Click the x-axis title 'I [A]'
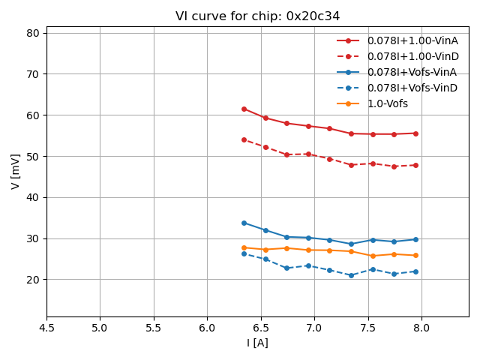click(x=257, y=343)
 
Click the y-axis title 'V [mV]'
click(x=16, y=171)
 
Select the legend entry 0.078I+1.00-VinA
click(x=412, y=40)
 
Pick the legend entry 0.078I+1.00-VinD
click(x=412, y=56)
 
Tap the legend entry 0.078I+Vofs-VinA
click(x=412, y=72)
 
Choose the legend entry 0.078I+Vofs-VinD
click(x=412, y=88)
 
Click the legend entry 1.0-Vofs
click(x=388, y=103)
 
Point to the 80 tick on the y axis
click(x=33, y=33)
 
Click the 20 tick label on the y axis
click(x=33, y=280)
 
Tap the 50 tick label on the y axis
click(x=33, y=156)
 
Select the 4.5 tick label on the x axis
click(x=46, y=328)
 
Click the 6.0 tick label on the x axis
click(x=207, y=328)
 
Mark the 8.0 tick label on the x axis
click(x=421, y=328)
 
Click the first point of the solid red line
click(x=244, y=109)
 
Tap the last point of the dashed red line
click(x=415, y=165)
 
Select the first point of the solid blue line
click(x=244, y=223)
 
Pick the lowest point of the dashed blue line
click(x=351, y=275)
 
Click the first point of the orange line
click(x=244, y=247)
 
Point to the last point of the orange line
click(x=415, y=255)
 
